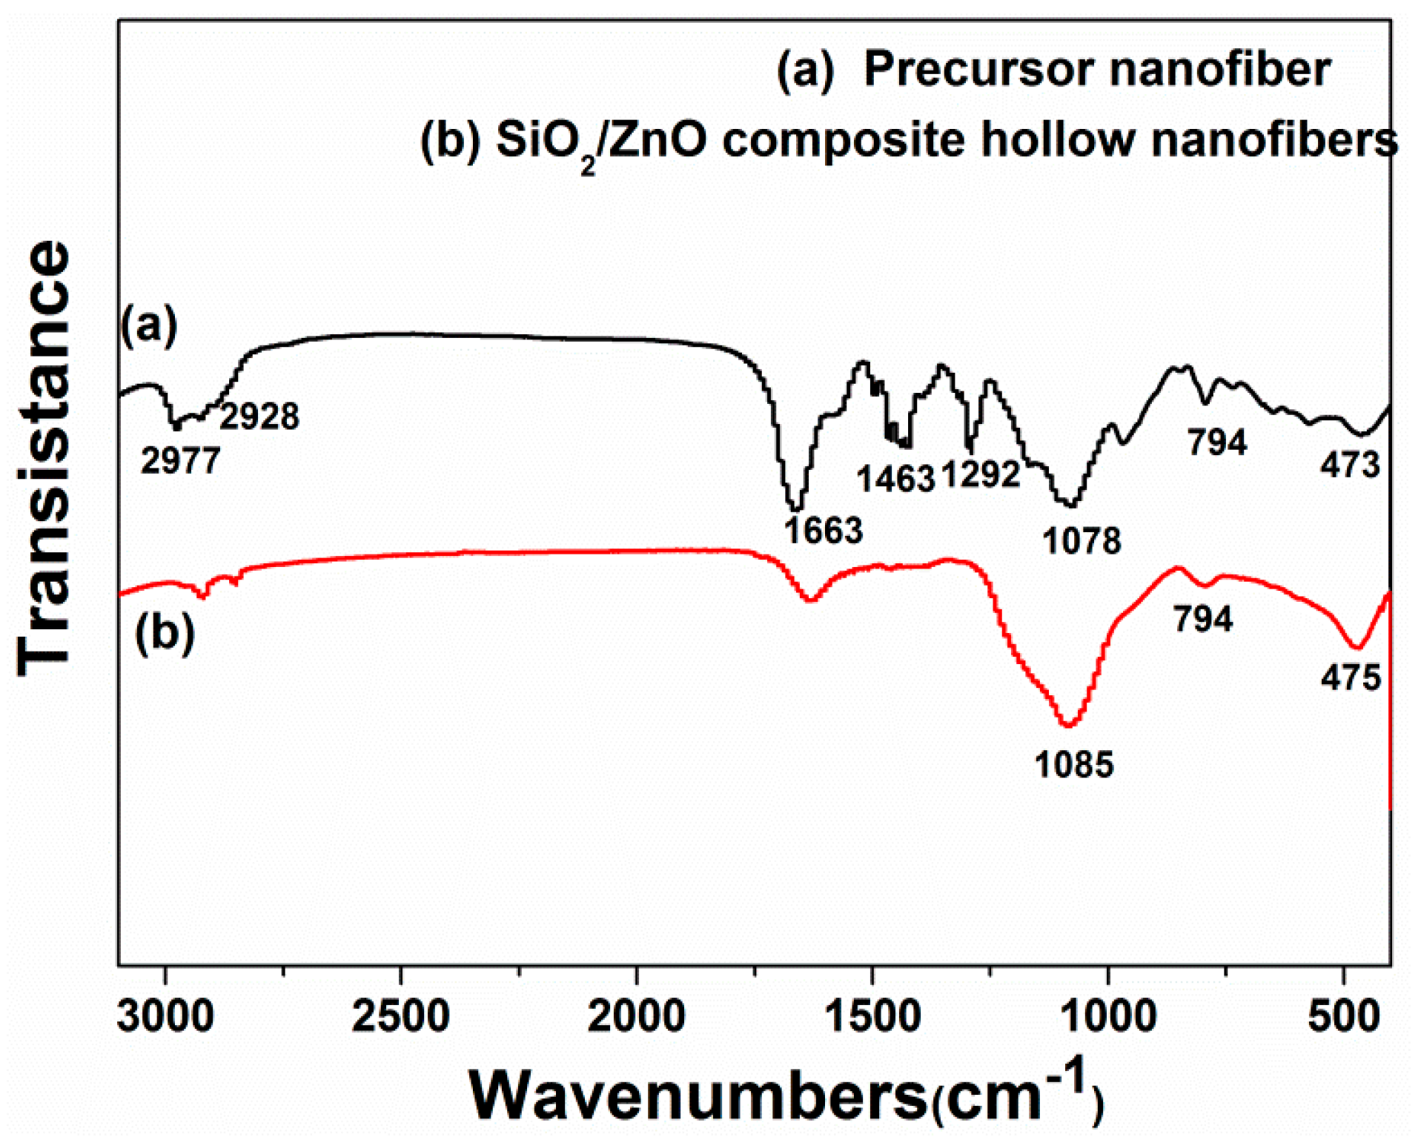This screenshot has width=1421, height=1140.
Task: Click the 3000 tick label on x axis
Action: click(x=165, y=1016)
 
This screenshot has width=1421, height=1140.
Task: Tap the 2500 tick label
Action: click(x=400, y=1016)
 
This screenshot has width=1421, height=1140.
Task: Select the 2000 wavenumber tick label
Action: click(x=636, y=1016)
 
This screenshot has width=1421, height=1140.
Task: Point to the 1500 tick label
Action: click(x=872, y=1016)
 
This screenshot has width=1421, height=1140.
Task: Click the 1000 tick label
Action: click(x=1107, y=1016)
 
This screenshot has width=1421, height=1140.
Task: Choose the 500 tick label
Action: click(x=1343, y=1016)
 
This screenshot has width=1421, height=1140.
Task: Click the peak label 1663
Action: click(x=824, y=531)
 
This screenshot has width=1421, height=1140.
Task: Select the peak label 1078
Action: click(x=1082, y=541)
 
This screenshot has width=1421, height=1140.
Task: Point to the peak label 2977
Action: click(x=180, y=462)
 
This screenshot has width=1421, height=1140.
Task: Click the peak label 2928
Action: click(x=259, y=417)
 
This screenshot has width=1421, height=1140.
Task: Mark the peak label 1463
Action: click(x=895, y=480)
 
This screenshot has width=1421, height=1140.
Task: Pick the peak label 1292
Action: click(x=981, y=474)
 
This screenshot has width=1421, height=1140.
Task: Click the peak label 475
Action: click(x=1350, y=677)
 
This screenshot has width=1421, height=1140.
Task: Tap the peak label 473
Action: click(x=1350, y=465)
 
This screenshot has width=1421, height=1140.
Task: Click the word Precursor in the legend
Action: click(x=978, y=70)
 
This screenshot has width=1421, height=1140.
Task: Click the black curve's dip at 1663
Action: click(x=795, y=509)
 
